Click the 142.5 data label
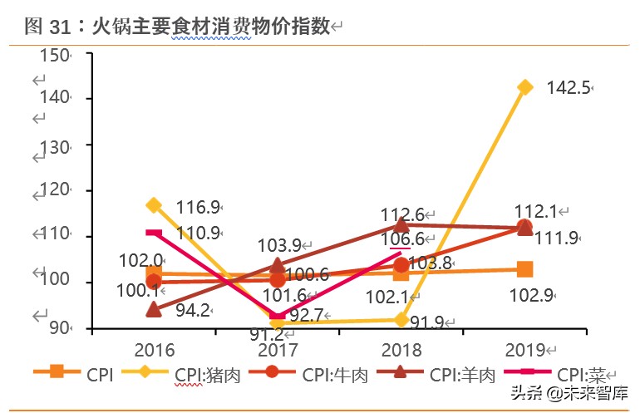568,87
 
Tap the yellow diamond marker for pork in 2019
524,86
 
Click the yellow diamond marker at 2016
154,204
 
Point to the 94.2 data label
193,312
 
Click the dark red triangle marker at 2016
154,309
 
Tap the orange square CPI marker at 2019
524,268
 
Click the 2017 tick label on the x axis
278,349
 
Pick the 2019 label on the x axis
524,349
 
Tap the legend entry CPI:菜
581,375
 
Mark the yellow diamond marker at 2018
401,319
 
